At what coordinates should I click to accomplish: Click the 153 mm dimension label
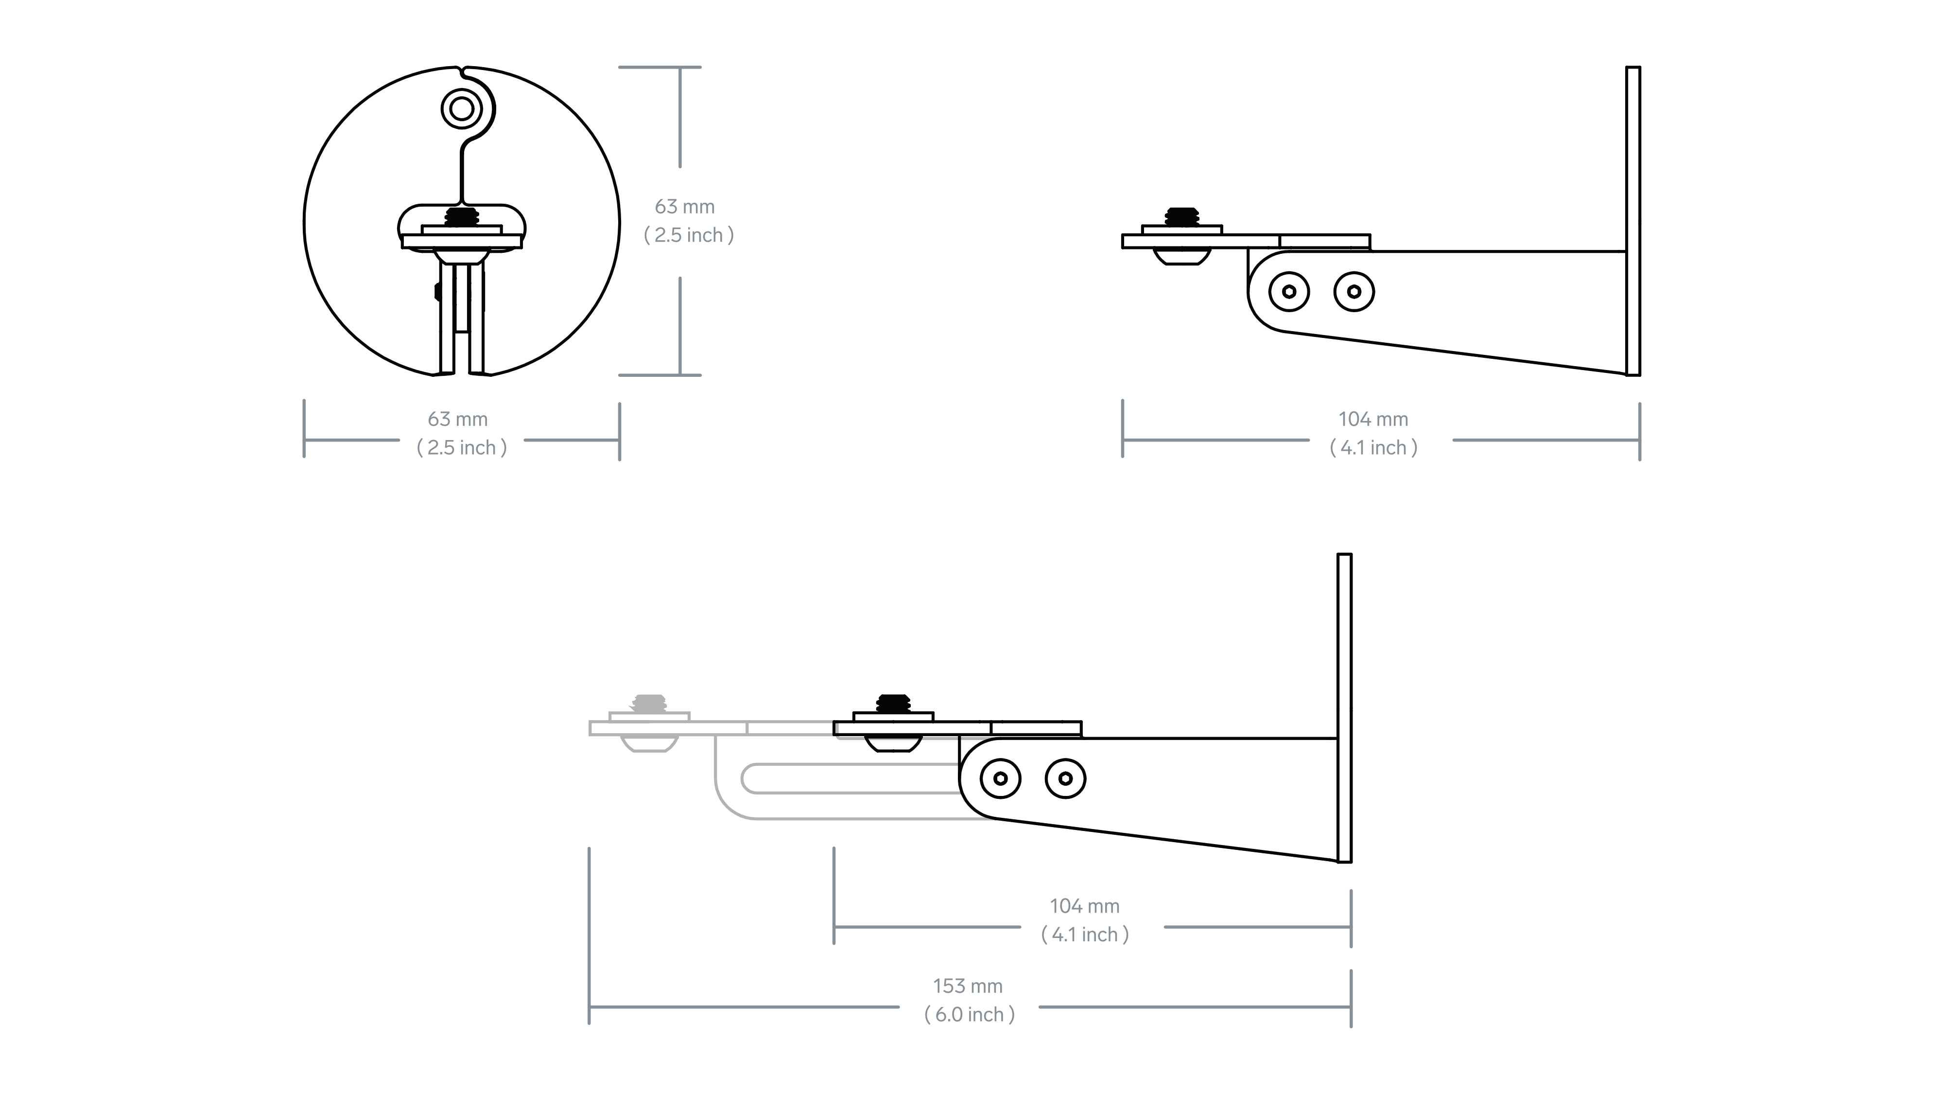pos(968,986)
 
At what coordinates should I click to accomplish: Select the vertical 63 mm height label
pos(684,207)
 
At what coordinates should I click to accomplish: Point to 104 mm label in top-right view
pos(1373,419)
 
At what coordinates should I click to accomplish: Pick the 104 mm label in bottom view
pos(1084,906)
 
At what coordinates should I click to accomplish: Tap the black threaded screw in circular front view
pos(462,217)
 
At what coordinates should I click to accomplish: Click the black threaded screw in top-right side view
pos(1182,217)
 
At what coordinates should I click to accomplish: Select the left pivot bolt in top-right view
pos(1289,291)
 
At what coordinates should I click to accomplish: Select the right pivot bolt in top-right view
pos(1354,291)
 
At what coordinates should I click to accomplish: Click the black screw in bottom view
pos(894,703)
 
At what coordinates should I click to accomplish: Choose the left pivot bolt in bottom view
pos(1001,778)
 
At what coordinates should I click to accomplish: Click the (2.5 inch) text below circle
pos(461,448)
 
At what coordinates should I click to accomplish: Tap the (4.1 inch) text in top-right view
pos(1373,448)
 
